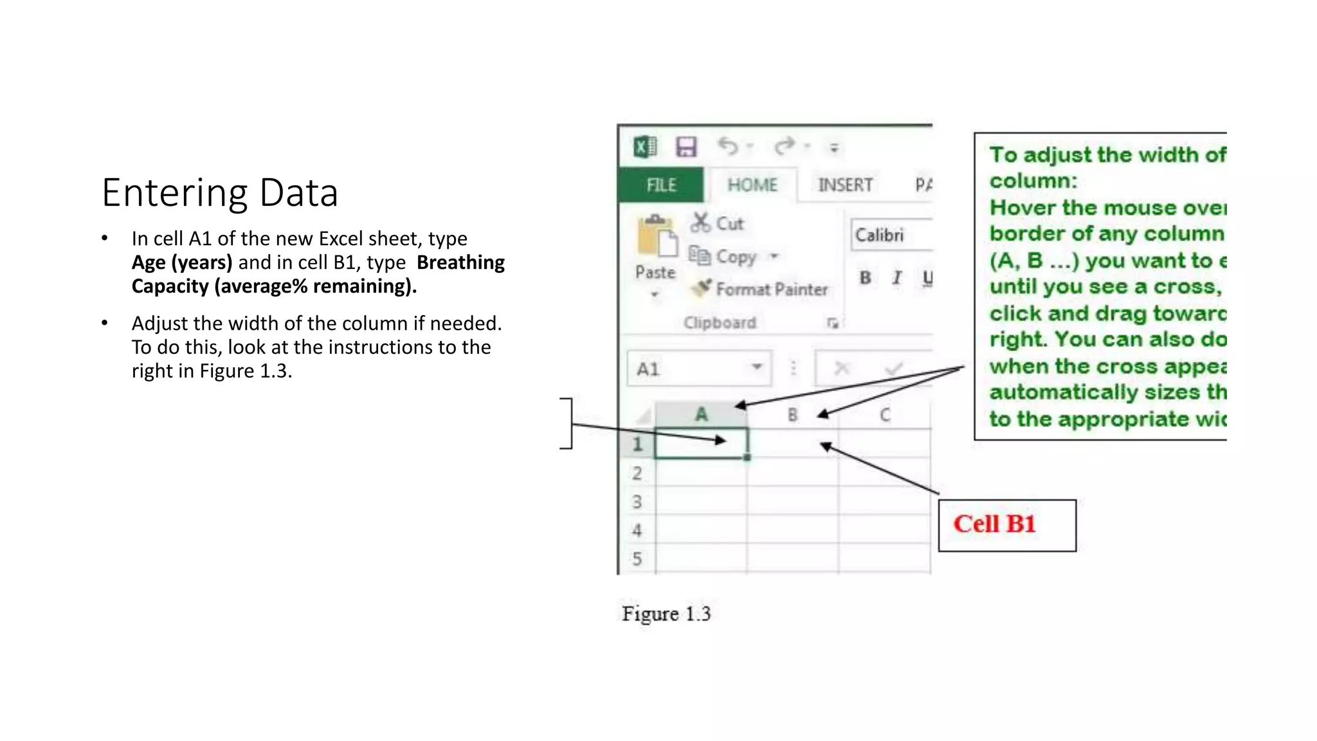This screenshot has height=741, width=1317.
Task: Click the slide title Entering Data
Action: (220, 192)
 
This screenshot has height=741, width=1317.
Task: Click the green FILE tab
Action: (661, 185)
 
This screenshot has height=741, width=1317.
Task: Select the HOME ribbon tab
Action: (752, 185)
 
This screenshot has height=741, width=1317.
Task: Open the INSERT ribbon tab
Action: (845, 185)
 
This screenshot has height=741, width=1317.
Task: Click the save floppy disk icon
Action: (686, 147)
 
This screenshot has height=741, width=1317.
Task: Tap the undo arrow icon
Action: (728, 147)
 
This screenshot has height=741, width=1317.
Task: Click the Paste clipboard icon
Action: (656, 238)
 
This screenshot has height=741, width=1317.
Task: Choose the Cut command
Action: (718, 223)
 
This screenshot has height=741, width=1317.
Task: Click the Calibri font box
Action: (891, 235)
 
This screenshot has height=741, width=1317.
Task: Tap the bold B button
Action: (866, 278)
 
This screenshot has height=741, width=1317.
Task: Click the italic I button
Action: (897, 278)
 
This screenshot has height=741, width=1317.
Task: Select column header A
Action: (701, 415)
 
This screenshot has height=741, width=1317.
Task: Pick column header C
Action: (885, 415)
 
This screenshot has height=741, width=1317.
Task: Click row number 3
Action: (637, 502)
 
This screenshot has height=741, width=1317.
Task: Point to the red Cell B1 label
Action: (994, 524)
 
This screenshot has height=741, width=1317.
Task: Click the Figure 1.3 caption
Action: (666, 614)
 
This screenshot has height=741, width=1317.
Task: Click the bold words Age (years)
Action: (182, 262)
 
